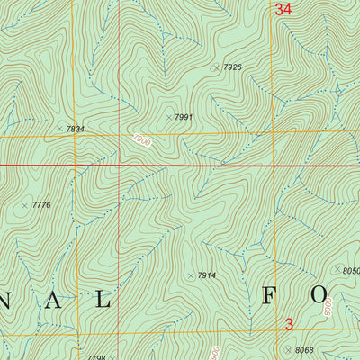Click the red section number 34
click(283, 10)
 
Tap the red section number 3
click(289, 324)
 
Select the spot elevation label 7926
click(233, 67)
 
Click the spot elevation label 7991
click(184, 117)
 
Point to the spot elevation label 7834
click(76, 130)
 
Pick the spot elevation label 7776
click(41, 205)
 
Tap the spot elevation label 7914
click(207, 275)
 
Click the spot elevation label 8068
click(305, 349)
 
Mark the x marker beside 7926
click(215, 67)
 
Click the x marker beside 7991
click(168, 117)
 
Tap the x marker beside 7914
click(190, 275)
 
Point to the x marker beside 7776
click(25, 205)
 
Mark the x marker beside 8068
click(288, 349)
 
